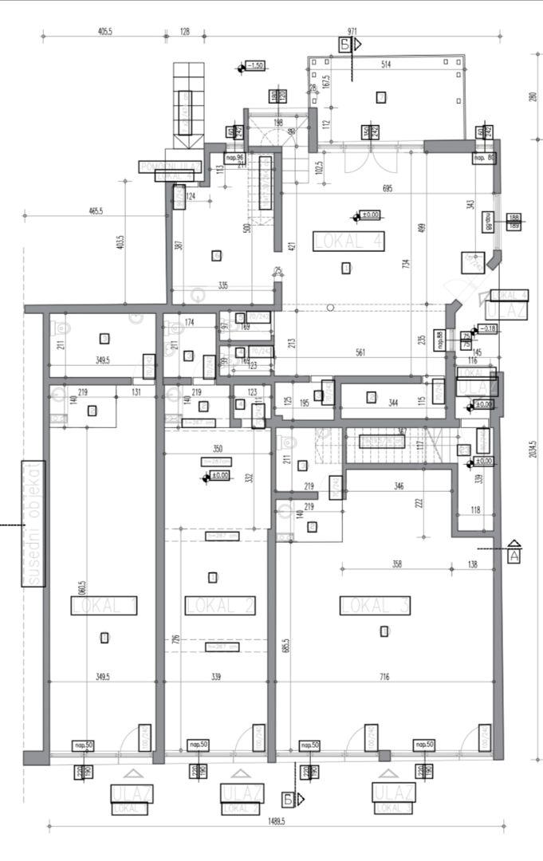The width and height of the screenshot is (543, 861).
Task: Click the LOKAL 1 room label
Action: click(104, 606)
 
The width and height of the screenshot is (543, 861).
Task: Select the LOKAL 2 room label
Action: click(220, 605)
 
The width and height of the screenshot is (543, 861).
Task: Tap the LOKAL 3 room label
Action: click(376, 605)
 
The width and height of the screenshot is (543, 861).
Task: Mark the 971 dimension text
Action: click(353, 32)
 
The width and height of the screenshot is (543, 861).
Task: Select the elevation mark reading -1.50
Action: click(255, 65)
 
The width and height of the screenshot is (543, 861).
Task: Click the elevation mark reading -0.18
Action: click(487, 328)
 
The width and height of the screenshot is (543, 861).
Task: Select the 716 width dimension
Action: click(384, 677)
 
